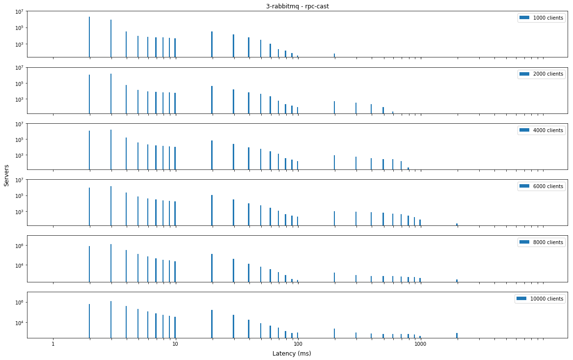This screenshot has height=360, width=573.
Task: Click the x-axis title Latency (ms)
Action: [292, 354]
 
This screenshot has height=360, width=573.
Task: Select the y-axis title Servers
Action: [6, 175]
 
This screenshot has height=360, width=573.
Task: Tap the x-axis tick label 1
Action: [53, 344]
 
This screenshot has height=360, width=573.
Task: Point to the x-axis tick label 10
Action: [175, 344]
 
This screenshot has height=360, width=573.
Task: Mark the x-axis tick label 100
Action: [298, 344]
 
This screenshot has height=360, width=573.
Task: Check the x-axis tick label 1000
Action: [420, 344]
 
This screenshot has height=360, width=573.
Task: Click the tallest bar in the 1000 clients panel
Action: [89, 37]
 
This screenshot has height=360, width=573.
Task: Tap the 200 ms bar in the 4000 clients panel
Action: [334, 163]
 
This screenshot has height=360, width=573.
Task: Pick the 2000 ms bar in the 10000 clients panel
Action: [457, 335]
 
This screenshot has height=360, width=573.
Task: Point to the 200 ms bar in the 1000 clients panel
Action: [334, 55]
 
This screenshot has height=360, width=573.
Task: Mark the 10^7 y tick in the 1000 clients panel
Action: [21, 11]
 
